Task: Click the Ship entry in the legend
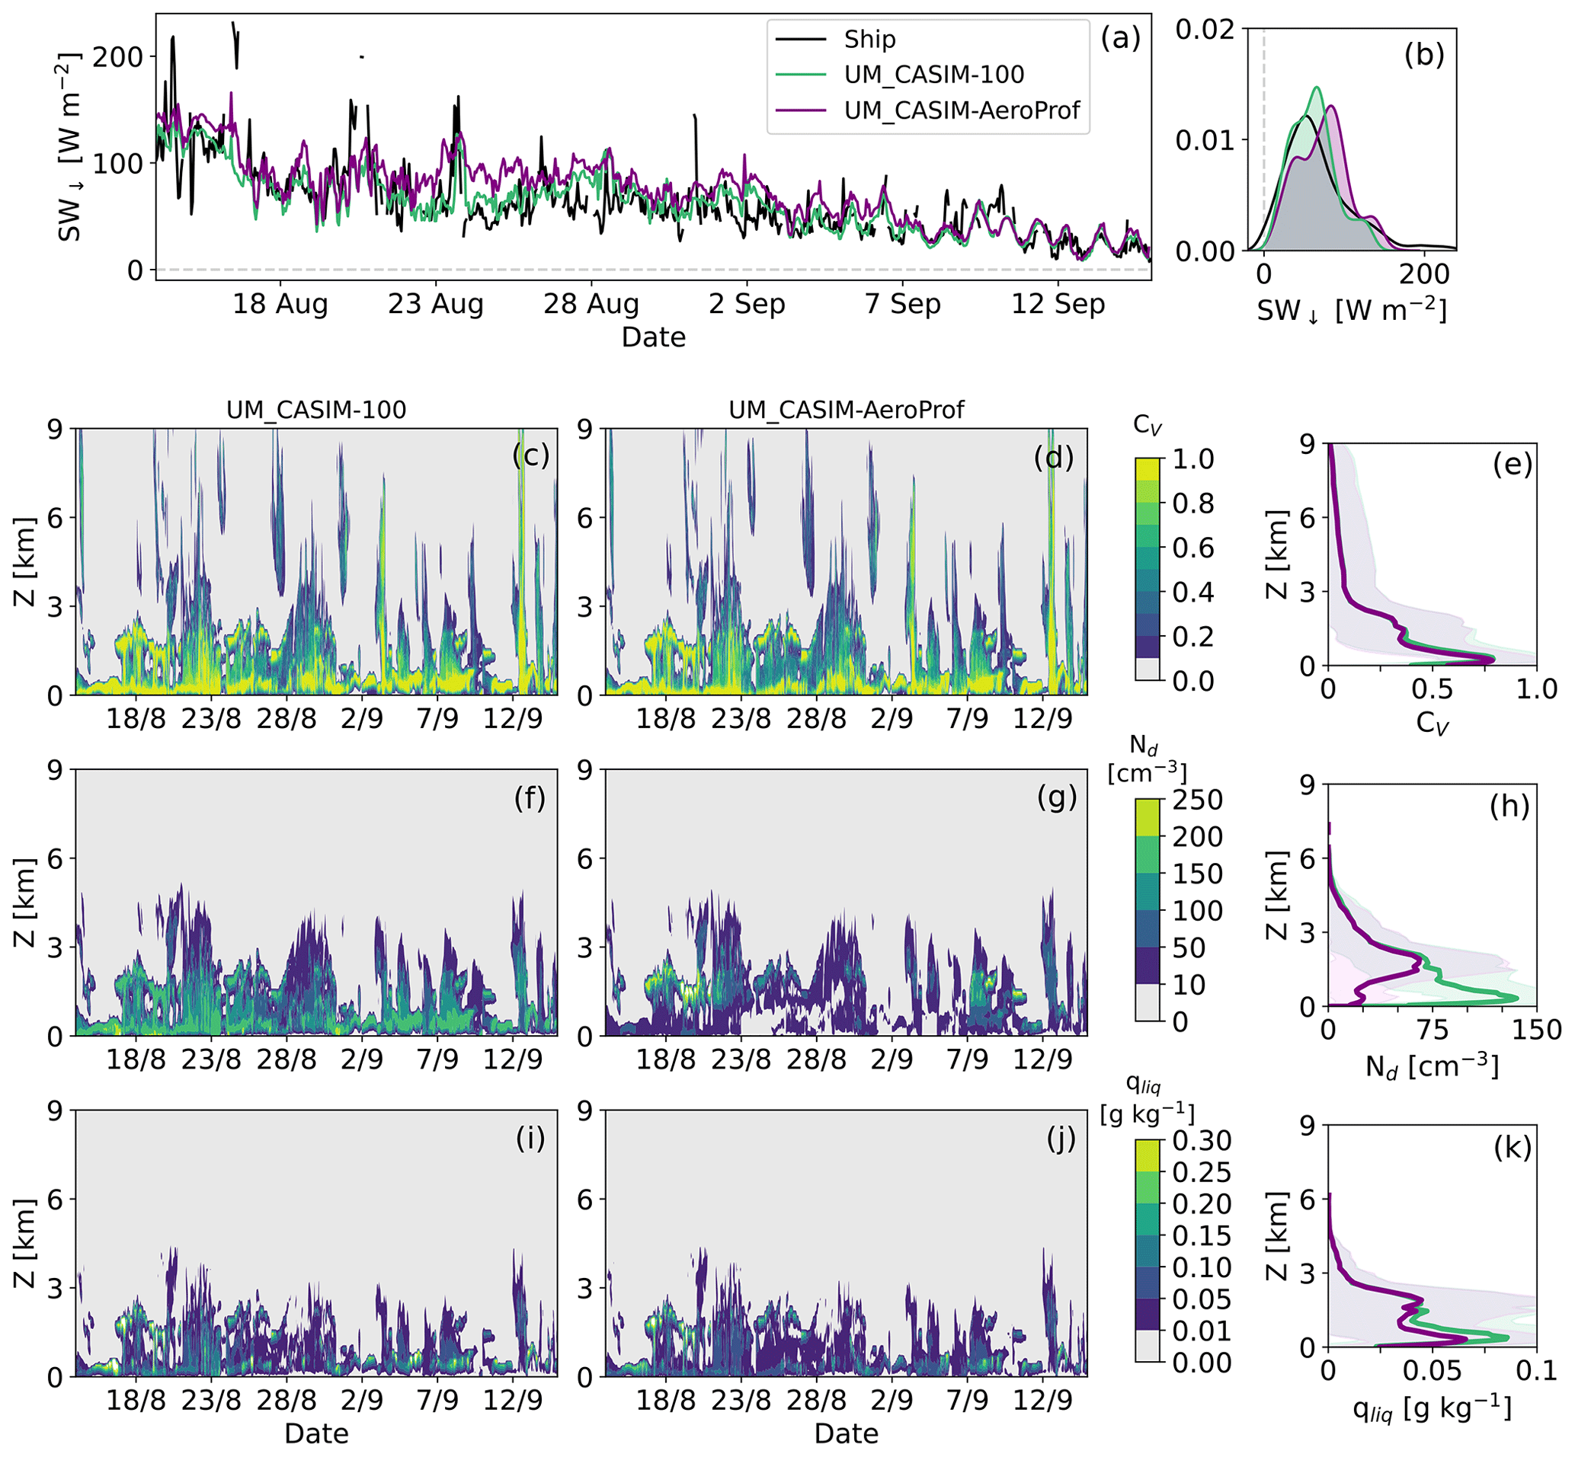tap(869, 40)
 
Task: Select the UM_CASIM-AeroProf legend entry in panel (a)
tap(961, 110)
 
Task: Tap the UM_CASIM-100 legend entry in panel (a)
tap(933, 75)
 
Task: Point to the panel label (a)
tap(1120, 38)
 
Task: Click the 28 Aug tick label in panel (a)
tap(591, 304)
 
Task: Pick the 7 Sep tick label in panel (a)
tap(902, 304)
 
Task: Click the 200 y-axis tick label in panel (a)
tap(118, 57)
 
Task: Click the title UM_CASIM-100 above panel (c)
tap(316, 410)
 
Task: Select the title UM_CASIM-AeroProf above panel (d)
tap(847, 410)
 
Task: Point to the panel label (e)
tap(1512, 465)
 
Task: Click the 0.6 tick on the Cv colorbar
tap(1192, 548)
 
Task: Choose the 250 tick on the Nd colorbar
tap(1196, 800)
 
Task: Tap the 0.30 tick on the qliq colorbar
tap(1201, 1141)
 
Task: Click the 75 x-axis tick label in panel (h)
tap(1432, 1030)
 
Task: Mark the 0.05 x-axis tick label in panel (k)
tap(1432, 1371)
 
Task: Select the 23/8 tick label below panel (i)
tap(211, 1399)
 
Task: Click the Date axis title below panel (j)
tap(847, 1433)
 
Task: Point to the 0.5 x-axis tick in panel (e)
tap(1432, 690)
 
